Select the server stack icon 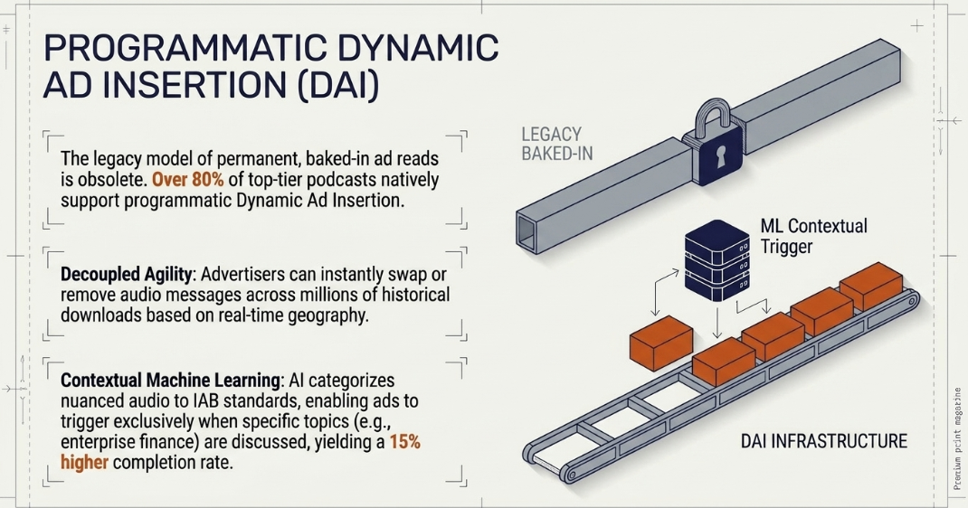(x=717, y=259)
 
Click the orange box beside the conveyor (x=660, y=343)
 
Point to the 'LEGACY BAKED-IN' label (x=557, y=144)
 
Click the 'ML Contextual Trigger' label (x=813, y=236)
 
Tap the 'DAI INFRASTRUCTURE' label (x=824, y=441)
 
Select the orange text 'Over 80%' (x=187, y=179)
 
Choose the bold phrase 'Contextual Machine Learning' (x=171, y=380)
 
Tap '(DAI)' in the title (x=337, y=86)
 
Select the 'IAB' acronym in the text (x=204, y=400)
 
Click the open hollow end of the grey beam (x=527, y=230)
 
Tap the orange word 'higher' (x=84, y=462)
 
